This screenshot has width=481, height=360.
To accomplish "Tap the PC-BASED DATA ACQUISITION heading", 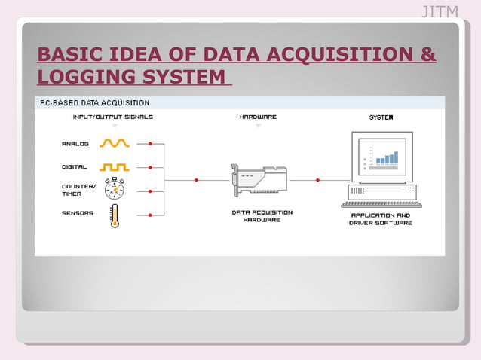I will point(94,102).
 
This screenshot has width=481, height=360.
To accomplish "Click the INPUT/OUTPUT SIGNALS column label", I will point(113,117).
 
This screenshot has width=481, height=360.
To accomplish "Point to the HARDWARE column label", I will point(258,117).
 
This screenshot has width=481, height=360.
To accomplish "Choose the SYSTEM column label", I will point(381,117).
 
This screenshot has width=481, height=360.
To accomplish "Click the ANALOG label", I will point(75,143).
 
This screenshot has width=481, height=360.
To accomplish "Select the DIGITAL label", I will point(75,167).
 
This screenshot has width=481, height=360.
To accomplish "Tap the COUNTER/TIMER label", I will point(78,190).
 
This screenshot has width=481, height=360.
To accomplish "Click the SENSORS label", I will point(78,213).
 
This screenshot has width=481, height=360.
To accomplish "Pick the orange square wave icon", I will point(115,167).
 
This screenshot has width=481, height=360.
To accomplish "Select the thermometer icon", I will point(115,215).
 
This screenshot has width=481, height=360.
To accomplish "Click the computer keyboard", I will point(381,204).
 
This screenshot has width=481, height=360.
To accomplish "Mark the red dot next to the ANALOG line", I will point(150,143).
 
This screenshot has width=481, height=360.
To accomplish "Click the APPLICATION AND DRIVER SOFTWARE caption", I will point(381,219).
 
